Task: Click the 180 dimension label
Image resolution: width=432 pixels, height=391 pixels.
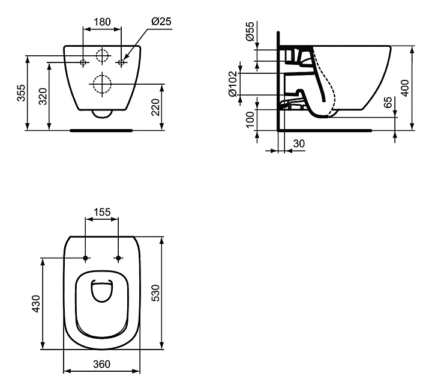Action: tap(102, 22)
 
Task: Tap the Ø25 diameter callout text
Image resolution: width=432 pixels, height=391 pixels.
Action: tap(161, 21)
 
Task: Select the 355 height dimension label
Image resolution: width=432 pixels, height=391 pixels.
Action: tap(22, 93)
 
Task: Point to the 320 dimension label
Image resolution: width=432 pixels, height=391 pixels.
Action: tap(43, 96)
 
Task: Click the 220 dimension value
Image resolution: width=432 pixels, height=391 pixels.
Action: tap(155, 108)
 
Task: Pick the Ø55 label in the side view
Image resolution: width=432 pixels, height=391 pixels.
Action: tap(250, 31)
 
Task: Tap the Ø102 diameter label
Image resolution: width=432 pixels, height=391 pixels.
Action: tap(233, 84)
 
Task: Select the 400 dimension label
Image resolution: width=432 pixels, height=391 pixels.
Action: tap(405, 88)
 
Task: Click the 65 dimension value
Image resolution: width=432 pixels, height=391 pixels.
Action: tap(388, 102)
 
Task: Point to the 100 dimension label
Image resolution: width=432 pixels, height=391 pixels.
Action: tap(250, 120)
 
